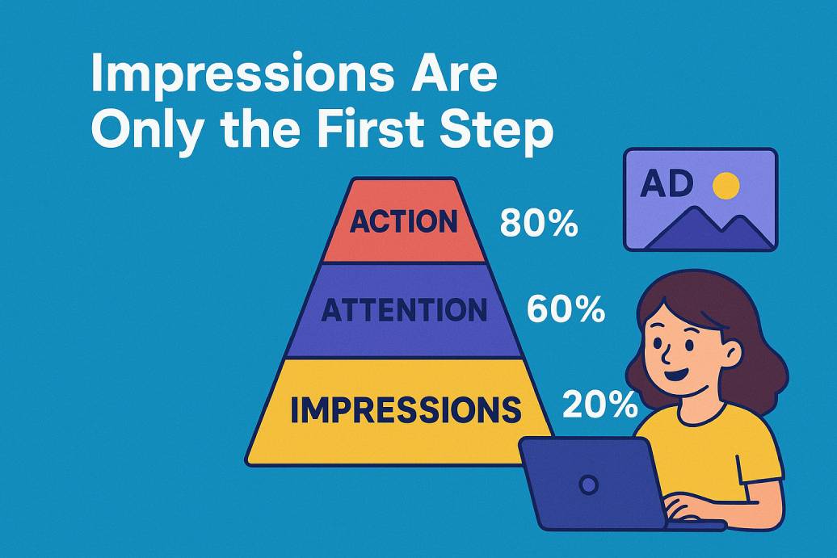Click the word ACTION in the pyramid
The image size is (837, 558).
pyautogui.click(x=403, y=221)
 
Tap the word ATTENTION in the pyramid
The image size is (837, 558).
pyautogui.click(x=404, y=310)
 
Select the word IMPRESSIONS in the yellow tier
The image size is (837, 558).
pyautogui.click(x=405, y=409)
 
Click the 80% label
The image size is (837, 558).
pyautogui.click(x=538, y=224)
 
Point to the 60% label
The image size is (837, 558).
pyautogui.click(x=566, y=310)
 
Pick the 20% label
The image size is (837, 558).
pyautogui.click(x=599, y=405)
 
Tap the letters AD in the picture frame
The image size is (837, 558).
pyautogui.click(x=666, y=184)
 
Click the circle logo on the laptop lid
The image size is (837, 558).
pyautogui.click(x=589, y=485)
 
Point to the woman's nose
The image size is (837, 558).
pyautogui.click(x=660, y=354)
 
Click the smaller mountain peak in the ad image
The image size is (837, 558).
pyautogui.click(x=745, y=227)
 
